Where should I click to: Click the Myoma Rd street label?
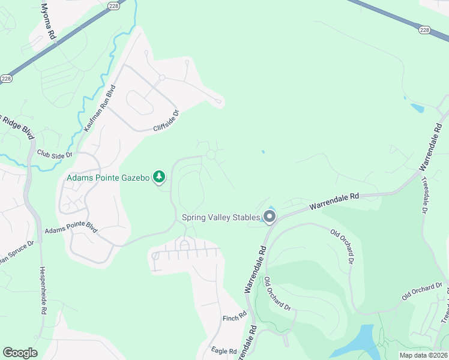tap(48, 21)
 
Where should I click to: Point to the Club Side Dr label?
tap(54, 154)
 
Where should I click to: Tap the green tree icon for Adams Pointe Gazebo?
tap(159, 176)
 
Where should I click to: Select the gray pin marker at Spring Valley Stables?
tap(270, 217)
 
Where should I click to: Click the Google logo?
tap(20, 353)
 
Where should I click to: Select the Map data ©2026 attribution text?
tap(423, 355)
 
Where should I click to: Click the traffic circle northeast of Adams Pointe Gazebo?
tap(211, 155)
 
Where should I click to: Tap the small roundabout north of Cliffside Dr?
tap(162, 78)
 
